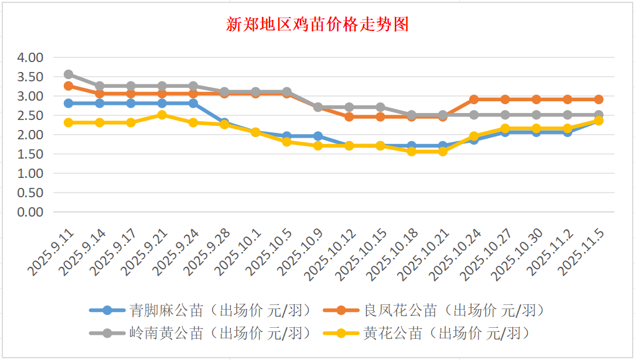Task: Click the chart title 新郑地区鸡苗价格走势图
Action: [317, 25]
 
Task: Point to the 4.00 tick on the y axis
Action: [30, 57]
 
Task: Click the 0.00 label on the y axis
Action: [30, 212]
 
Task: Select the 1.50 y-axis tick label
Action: [30, 154]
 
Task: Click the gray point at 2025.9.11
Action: [69, 74]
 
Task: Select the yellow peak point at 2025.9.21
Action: [162, 115]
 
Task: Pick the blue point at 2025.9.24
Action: [193, 103]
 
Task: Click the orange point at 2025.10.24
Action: [474, 100]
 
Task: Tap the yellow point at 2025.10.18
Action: [412, 151]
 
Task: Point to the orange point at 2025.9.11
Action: [69, 86]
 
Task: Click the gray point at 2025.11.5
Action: [599, 115]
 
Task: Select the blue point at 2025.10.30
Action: [537, 132]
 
